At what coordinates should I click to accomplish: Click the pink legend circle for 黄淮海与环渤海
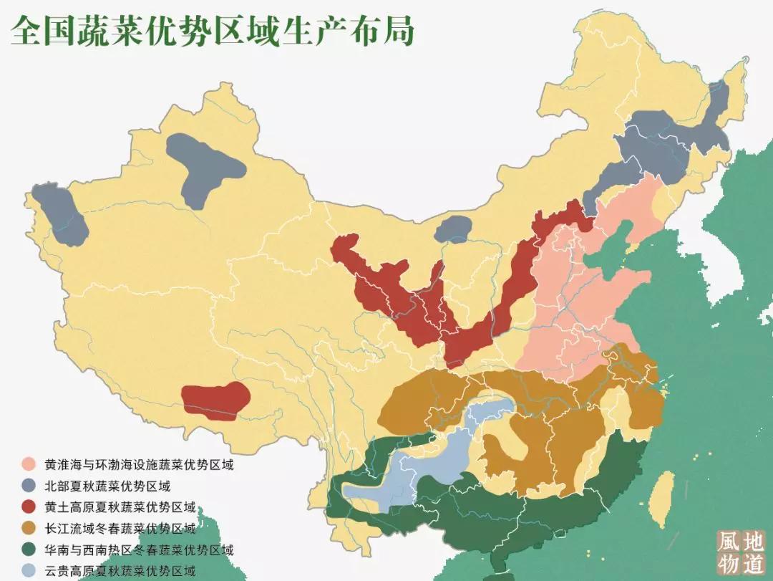point(29,464)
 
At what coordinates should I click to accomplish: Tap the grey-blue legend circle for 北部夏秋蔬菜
point(29,486)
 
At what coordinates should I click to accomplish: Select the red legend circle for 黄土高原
point(29,507)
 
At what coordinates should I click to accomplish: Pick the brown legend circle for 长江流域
point(29,529)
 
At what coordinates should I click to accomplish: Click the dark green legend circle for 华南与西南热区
point(29,550)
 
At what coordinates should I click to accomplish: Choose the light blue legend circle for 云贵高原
point(29,571)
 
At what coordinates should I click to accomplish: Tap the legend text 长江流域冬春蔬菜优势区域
point(120,529)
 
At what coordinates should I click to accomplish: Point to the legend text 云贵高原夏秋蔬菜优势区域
point(120,571)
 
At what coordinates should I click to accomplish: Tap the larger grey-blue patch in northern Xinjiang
point(205,168)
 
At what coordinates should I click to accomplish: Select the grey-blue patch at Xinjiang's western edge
point(61,215)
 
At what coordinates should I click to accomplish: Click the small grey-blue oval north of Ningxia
point(453,229)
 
